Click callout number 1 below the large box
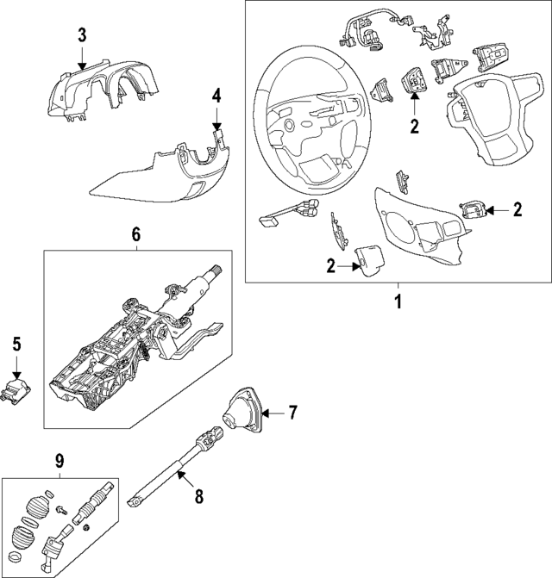pos(398,302)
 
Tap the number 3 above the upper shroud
pos(81,35)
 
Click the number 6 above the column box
pos(136,233)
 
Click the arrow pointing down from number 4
pos(216,116)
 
